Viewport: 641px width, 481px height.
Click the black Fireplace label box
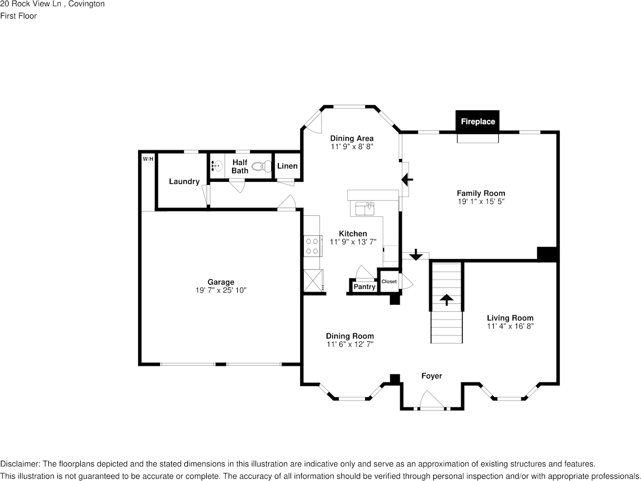[477, 122]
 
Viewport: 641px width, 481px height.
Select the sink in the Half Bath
[217, 166]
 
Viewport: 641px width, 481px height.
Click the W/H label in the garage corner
[148, 159]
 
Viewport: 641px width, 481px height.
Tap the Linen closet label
[287, 166]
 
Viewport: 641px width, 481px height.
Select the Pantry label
[364, 287]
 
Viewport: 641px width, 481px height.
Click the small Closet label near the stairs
[389, 281]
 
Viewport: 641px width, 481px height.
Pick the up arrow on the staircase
[447, 300]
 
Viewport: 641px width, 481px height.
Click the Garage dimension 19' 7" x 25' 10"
[220, 291]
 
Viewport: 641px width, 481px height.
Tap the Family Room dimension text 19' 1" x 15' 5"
[480, 202]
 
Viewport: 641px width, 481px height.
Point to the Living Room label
[510, 318]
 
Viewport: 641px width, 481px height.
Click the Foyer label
[432, 376]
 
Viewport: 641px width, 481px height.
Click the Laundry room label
[184, 181]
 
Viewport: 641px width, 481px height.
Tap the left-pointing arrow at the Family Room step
[407, 179]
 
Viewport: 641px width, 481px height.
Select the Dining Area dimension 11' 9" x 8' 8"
[351, 146]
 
